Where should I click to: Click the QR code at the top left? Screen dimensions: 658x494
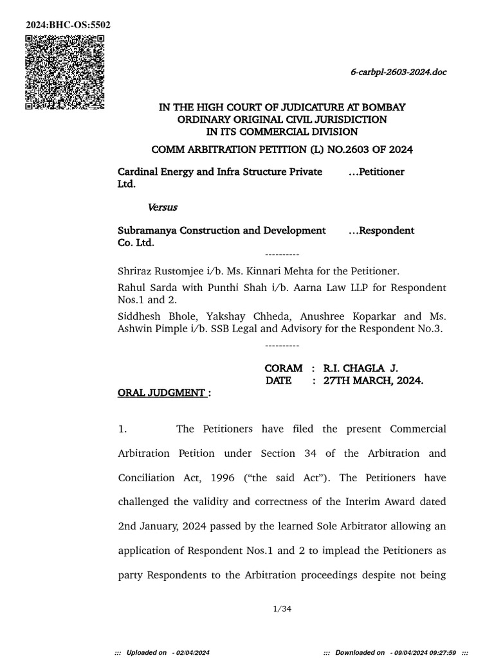(x=65, y=73)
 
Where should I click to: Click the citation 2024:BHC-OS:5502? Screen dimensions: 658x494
(x=68, y=25)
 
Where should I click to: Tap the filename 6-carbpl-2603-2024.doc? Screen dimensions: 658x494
(x=398, y=72)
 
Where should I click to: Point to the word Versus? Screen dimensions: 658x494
(x=163, y=207)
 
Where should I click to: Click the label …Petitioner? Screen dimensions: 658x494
(x=376, y=172)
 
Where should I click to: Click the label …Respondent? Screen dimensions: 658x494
(x=381, y=230)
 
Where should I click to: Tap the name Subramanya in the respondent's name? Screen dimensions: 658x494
(x=147, y=230)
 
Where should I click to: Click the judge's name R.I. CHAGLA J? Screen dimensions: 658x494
(x=360, y=368)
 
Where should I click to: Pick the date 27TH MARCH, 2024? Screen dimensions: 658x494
(x=373, y=380)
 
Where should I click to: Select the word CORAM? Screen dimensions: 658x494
(x=283, y=368)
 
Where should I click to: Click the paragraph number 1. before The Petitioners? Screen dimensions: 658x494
(x=123, y=429)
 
